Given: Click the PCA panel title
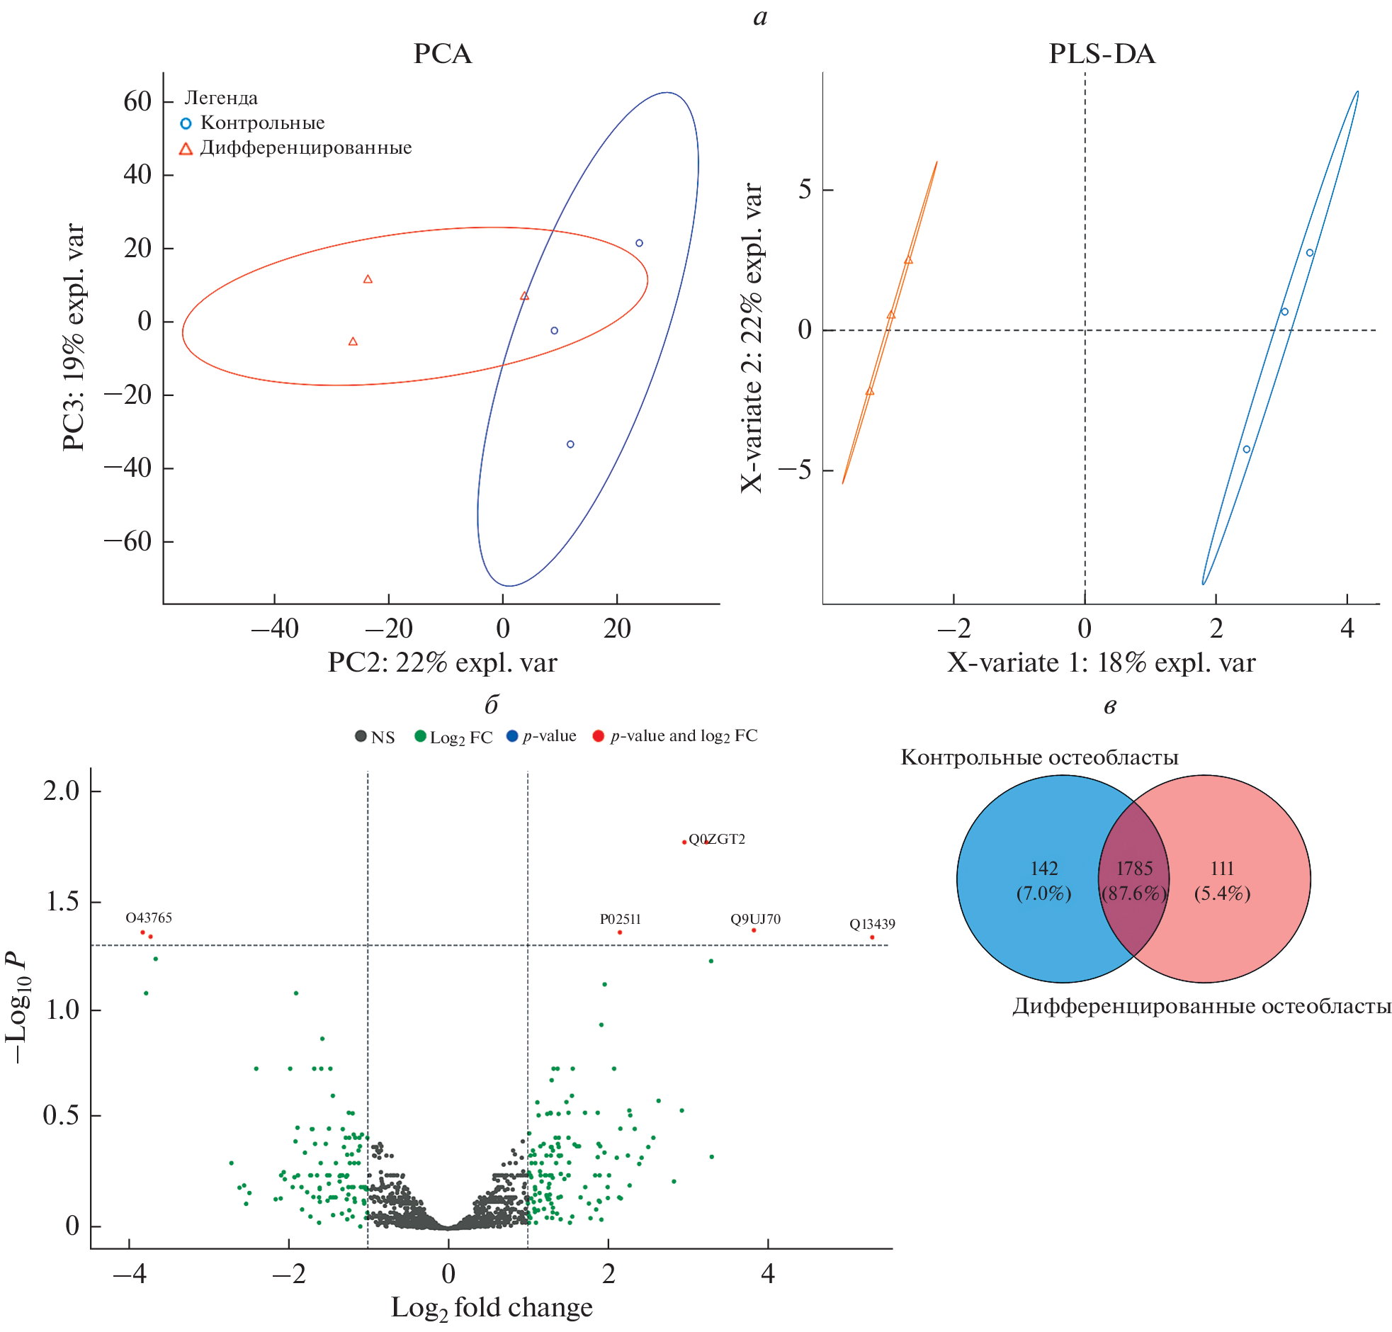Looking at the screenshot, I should pyautogui.click(x=441, y=54).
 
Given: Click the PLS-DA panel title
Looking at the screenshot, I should pyautogui.click(x=1101, y=54).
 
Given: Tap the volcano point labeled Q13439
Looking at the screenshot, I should pyautogui.click(x=872, y=937).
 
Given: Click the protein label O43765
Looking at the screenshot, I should pyautogui.click(x=148, y=918).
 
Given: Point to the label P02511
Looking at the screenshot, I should pyautogui.click(x=620, y=919).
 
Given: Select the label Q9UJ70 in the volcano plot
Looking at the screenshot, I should pyautogui.click(x=754, y=919).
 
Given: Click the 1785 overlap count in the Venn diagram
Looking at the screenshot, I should pyautogui.click(x=1133, y=869).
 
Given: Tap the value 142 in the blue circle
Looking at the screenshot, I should pyautogui.click(x=1043, y=869).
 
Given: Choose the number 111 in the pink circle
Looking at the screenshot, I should pyautogui.click(x=1222, y=869).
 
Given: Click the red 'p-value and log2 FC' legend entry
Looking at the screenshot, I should pyautogui.click(x=674, y=736).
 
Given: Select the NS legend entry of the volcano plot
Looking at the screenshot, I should pyautogui.click(x=375, y=737).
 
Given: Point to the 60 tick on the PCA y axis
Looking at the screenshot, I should pyautogui.click(x=137, y=101).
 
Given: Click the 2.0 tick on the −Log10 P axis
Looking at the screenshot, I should pyautogui.click(x=62, y=790).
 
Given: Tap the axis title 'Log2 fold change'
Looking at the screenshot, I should pyautogui.click(x=491, y=1307).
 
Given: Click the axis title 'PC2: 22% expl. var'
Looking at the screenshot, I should pyautogui.click(x=441, y=662).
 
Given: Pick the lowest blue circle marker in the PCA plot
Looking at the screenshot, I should pyautogui.click(x=570, y=444).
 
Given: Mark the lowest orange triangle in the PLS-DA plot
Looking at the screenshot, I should pyautogui.click(x=869, y=391).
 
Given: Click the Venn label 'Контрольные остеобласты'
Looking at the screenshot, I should pyautogui.click(x=1039, y=757).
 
